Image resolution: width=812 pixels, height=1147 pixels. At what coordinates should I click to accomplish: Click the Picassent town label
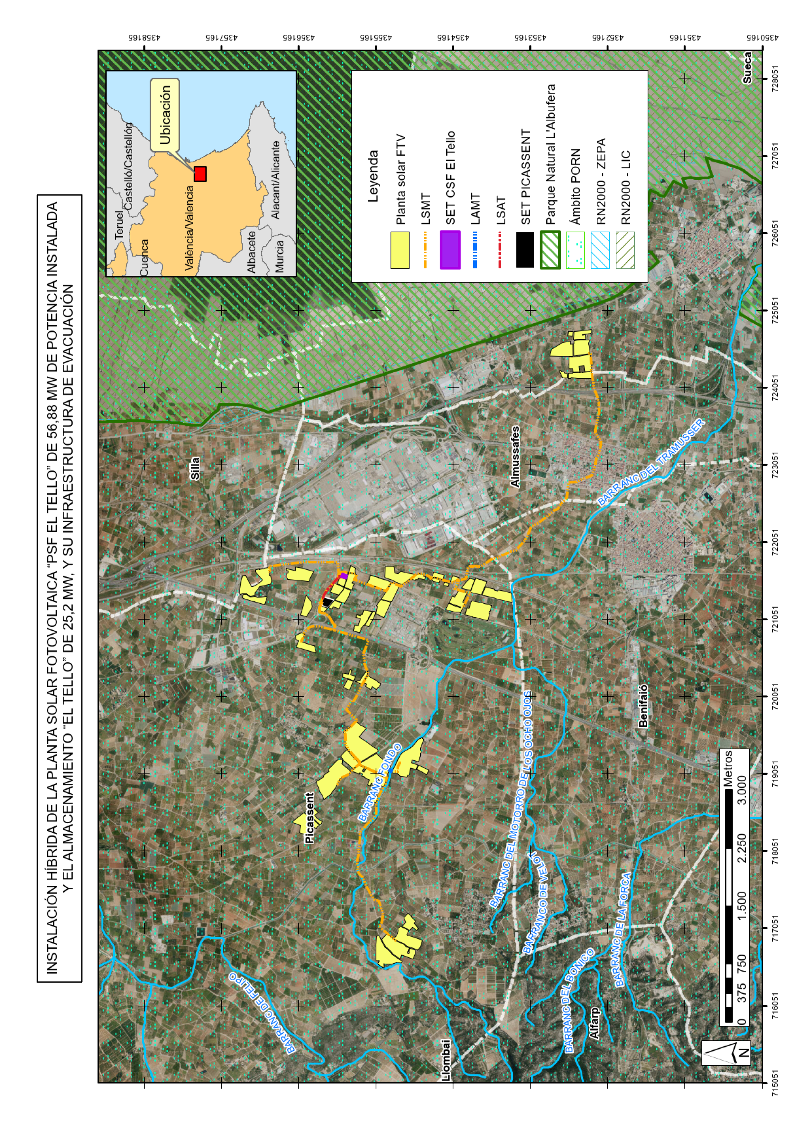pyautogui.click(x=310, y=818)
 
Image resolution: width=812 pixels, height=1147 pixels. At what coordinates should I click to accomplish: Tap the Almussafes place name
pyautogui.click(x=515, y=457)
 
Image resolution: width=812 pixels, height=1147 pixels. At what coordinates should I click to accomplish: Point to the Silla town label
pyautogui.click(x=195, y=468)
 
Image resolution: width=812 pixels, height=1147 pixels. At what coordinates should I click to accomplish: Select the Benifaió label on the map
pyautogui.click(x=643, y=706)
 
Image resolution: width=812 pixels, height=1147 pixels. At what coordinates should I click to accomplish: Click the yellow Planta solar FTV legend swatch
pyautogui.click(x=400, y=250)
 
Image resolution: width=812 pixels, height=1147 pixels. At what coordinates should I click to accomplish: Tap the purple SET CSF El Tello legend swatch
pyautogui.click(x=450, y=250)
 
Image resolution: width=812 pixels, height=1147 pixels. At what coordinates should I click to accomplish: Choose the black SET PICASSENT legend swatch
pyautogui.click(x=524, y=250)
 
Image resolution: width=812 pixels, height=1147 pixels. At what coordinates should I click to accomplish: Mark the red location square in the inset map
pyautogui.click(x=200, y=174)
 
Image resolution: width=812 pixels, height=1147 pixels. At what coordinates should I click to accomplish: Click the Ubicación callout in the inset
pyautogui.click(x=165, y=115)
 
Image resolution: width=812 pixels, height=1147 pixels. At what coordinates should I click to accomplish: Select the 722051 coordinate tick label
pyautogui.click(x=775, y=542)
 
